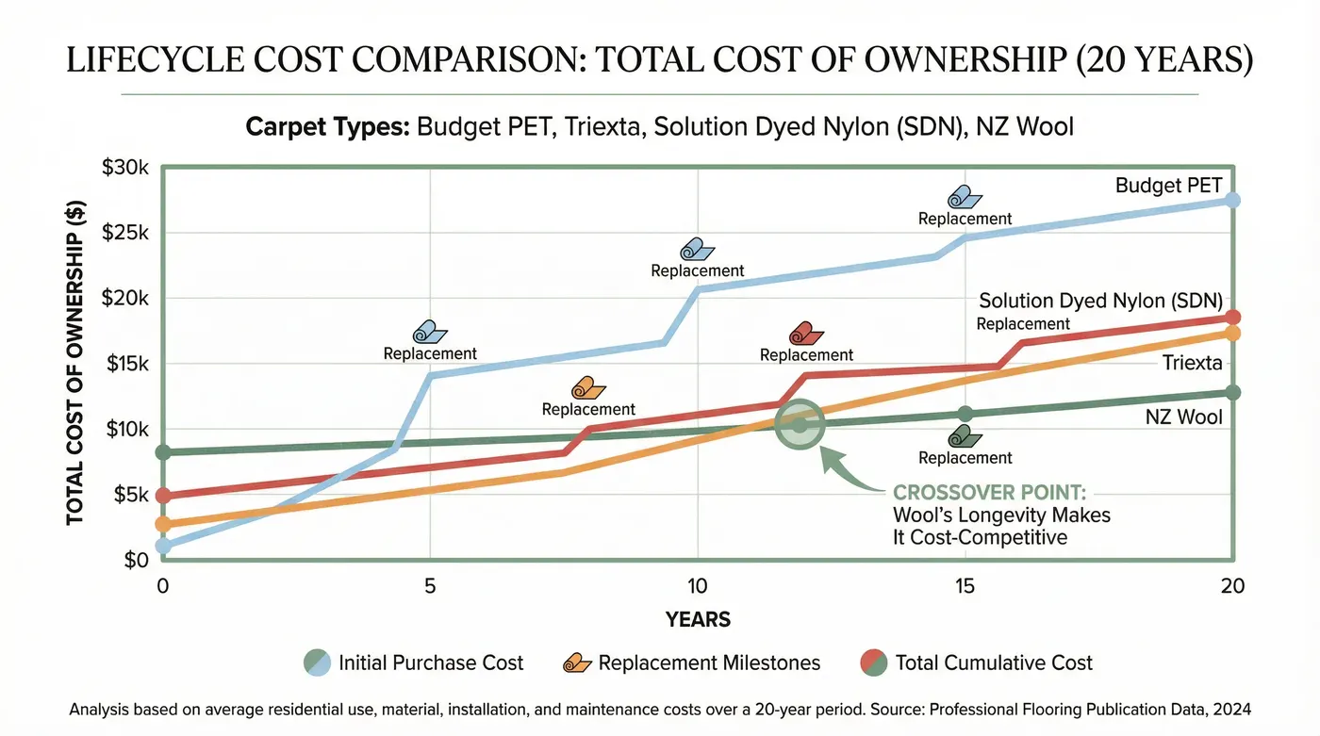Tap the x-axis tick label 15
click(965, 586)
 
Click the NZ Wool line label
click(1183, 417)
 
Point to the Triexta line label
click(1192, 363)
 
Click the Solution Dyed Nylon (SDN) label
click(1100, 301)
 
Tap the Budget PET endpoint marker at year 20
click(1231, 200)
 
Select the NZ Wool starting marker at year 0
click(163, 452)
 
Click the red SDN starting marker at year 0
click(163, 496)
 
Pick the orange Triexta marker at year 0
click(163, 524)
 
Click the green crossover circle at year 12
click(800, 425)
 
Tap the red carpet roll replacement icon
click(806, 334)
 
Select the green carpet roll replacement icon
click(965, 436)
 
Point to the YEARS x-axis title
click(698, 619)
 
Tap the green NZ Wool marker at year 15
click(965, 414)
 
